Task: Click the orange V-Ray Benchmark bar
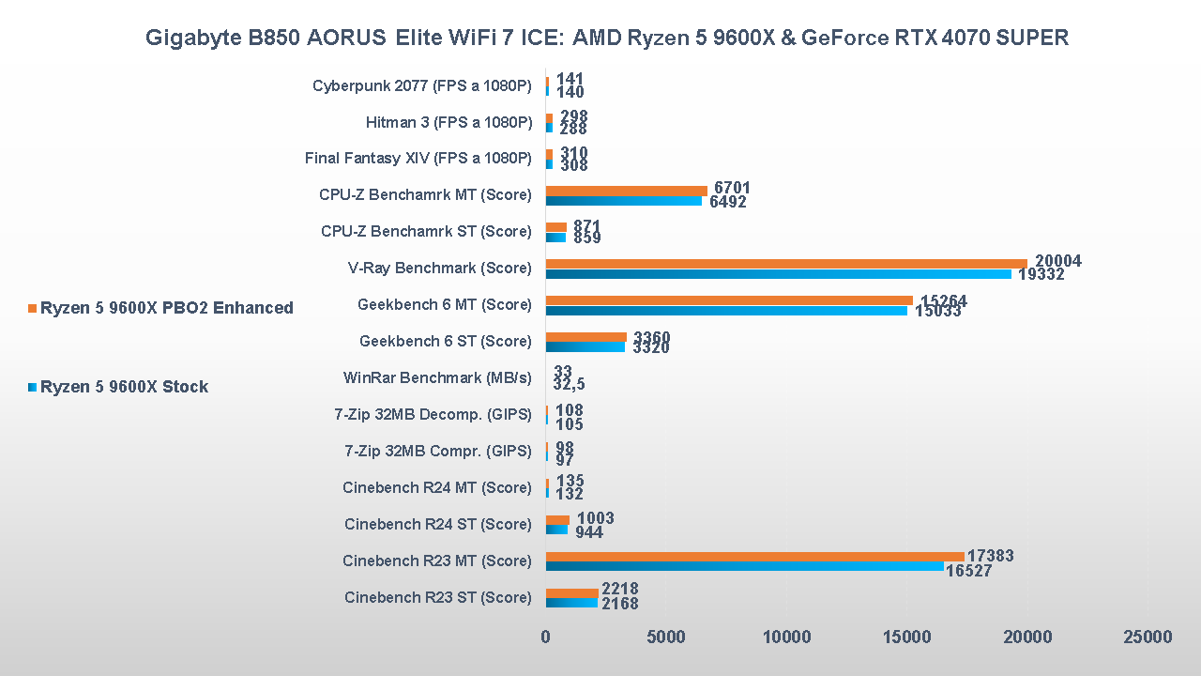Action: (786, 263)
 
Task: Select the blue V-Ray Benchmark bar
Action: (779, 274)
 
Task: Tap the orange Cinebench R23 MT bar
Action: (754, 556)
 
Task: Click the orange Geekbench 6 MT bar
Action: (729, 300)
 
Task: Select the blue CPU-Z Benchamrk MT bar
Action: (623, 201)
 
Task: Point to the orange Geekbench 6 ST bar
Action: (585, 336)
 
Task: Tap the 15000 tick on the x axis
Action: (906, 638)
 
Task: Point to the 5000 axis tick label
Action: (666, 638)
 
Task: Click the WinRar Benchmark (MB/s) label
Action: (437, 378)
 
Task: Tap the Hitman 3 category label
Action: (448, 122)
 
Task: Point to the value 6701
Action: (732, 189)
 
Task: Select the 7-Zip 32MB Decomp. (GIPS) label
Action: (433, 415)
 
